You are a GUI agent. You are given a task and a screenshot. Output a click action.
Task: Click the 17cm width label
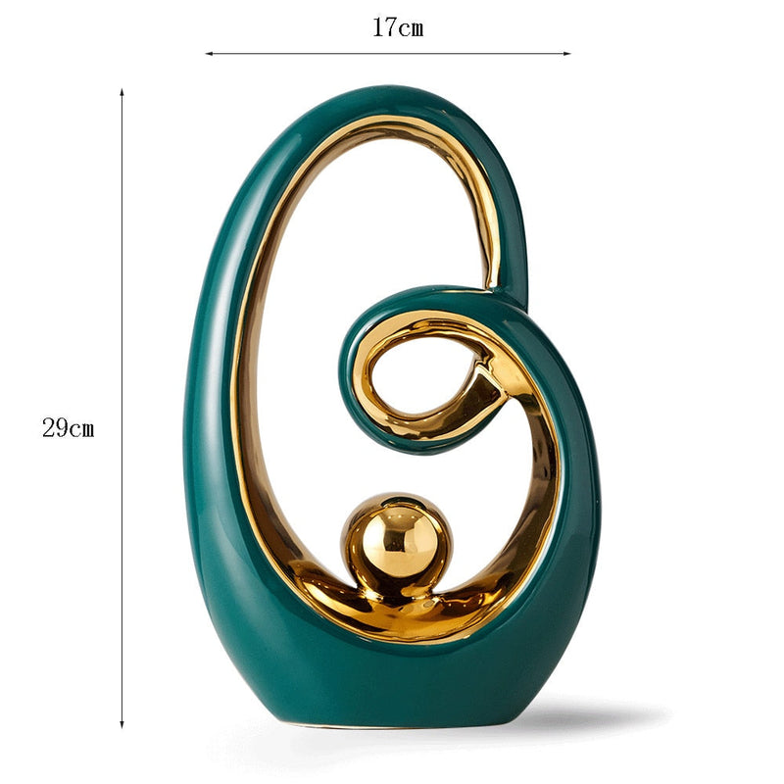[397, 27]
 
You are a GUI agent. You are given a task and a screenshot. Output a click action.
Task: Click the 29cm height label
[69, 428]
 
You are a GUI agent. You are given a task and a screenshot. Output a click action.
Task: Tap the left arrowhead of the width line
[209, 54]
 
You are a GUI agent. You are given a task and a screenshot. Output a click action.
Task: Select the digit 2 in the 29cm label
[48, 428]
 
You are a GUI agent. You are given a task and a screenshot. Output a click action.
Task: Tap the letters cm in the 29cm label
[81, 429]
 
